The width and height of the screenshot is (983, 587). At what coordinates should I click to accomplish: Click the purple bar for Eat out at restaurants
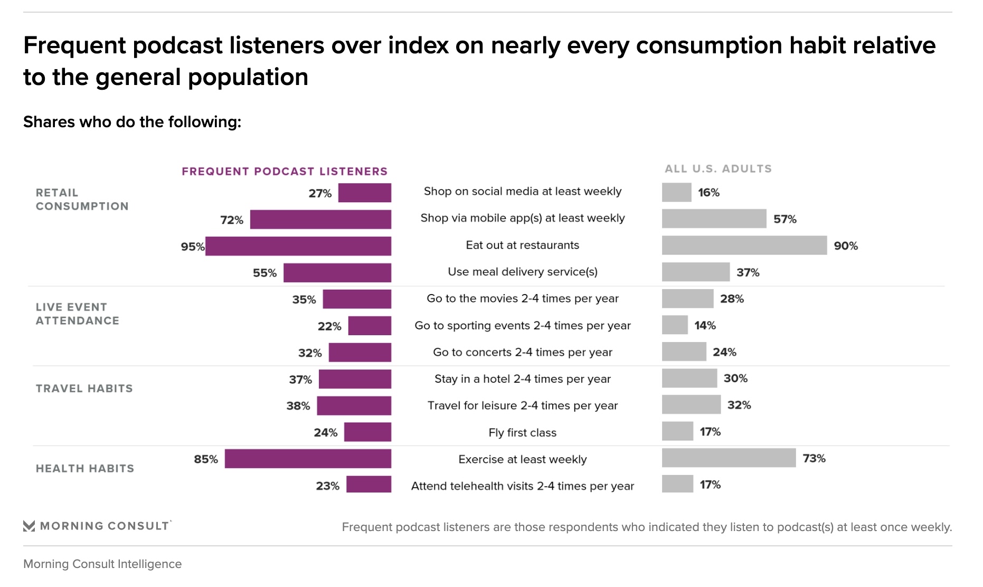(298, 247)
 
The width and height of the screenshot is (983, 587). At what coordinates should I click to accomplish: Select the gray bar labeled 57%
(714, 219)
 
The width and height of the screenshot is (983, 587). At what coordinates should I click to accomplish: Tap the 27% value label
(320, 193)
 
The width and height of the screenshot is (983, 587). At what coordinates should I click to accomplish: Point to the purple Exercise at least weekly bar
(308, 459)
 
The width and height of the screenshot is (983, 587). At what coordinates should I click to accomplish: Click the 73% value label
(814, 458)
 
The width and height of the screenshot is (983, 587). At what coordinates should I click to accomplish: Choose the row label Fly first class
(522, 433)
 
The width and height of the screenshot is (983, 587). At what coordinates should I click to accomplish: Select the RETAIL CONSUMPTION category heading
(82, 200)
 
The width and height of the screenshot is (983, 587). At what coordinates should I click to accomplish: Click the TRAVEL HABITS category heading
(84, 389)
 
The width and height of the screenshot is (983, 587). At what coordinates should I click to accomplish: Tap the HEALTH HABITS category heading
(84, 469)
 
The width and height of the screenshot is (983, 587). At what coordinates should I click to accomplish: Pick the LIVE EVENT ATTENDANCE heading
(77, 314)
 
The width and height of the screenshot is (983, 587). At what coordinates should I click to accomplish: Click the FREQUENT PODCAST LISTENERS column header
(285, 172)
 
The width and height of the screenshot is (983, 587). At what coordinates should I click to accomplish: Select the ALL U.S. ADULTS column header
(718, 169)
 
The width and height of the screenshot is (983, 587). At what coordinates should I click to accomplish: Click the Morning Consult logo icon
(29, 526)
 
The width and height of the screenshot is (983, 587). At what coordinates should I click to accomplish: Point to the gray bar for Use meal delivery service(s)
(695, 272)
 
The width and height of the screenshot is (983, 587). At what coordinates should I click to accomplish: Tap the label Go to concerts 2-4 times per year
(522, 352)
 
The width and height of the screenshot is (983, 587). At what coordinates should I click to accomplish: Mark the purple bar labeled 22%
(370, 326)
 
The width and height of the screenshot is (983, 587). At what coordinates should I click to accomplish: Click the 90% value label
(846, 246)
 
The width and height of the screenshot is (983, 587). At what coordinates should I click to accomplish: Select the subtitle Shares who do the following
(132, 122)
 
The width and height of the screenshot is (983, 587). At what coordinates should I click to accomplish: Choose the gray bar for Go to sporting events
(675, 325)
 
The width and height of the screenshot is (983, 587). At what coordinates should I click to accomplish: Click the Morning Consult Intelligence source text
(102, 564)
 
